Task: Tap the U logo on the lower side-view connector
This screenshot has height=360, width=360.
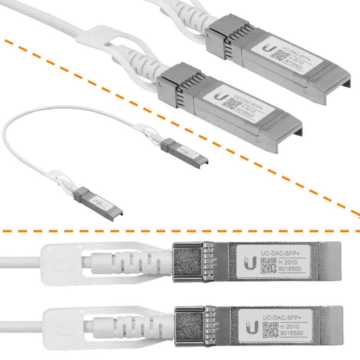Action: pos(251,327)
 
